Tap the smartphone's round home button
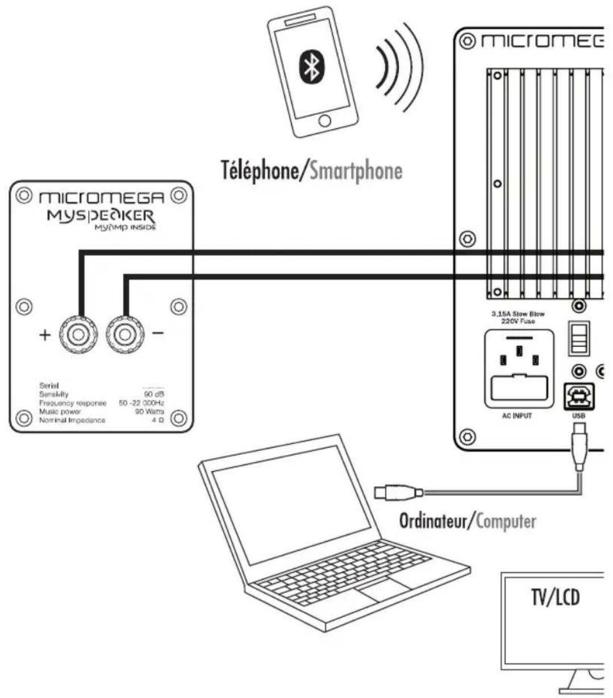(324, 121)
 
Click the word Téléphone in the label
(259, 171)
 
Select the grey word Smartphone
(356, 171)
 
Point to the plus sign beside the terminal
(45, 335)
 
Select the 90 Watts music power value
(149, 411)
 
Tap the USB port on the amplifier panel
(578, 396)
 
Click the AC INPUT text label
(516, 416)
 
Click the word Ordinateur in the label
(431, 521)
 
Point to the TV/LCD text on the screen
(555, 597)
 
